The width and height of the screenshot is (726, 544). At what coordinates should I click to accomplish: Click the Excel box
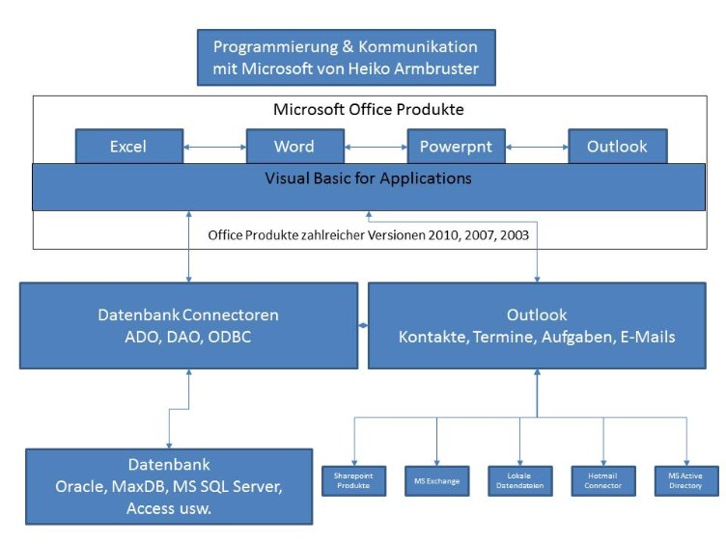128,147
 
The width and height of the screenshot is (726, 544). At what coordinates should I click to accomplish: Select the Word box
293,147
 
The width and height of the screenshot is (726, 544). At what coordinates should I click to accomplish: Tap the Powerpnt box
456,147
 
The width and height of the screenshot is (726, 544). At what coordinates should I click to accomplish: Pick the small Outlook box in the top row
617,147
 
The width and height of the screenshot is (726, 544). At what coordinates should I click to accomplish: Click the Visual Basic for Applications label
369,178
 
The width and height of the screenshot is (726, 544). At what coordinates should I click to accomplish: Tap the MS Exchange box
436,479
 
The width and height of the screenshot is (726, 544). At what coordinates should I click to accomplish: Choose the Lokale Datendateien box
520,479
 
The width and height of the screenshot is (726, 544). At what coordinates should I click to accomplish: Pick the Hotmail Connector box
603,479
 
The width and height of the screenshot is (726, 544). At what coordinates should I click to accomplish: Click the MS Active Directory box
686,479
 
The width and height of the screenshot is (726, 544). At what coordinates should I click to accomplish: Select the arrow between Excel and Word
214,148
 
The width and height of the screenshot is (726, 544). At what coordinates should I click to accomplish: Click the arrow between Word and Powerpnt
375,148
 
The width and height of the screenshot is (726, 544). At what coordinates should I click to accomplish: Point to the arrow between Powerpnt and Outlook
536,148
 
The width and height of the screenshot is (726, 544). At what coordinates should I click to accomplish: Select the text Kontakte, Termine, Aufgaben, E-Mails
538,337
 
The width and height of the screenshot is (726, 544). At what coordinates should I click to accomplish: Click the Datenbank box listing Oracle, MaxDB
169,486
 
